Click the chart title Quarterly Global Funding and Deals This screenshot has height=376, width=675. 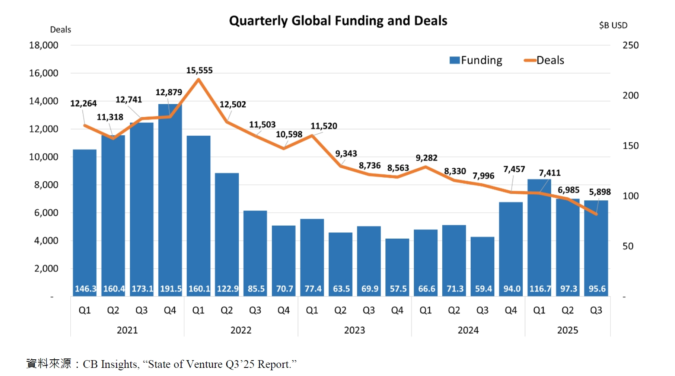click(338, 21)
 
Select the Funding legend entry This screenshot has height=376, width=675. click(476, 60)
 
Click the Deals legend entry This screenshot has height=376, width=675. click(544, 60)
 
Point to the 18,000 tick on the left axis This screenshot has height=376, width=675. click(43, 45)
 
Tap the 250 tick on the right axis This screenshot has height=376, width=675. click(630, 45)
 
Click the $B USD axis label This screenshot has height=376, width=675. click(613, 25)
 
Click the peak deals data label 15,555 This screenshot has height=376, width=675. click(199, 70)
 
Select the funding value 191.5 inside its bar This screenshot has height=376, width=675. click(171, 289)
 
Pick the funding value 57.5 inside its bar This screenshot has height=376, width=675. click(398, 289)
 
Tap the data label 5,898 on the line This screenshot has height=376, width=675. click(599, 192)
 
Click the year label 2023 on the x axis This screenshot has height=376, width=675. click(354, 330)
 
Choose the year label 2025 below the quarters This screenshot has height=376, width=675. click(567, 330)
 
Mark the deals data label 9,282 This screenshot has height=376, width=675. click(426, 158)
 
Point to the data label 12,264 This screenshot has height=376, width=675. click(83, 103)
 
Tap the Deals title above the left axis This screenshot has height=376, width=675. click(61, 30)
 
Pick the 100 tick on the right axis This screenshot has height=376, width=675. click(630, 196)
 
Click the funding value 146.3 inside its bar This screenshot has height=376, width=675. click(85, 289)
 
